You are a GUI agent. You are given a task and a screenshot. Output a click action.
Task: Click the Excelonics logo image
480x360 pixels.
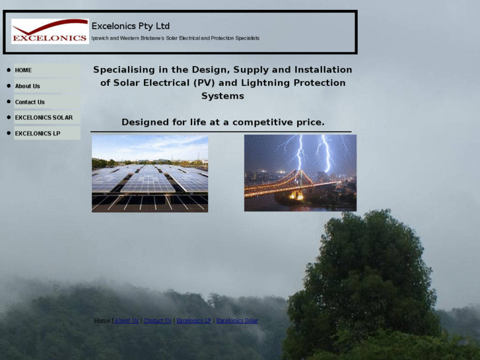coord(50,31)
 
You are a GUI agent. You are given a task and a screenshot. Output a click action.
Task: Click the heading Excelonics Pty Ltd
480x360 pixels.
coord(131,26)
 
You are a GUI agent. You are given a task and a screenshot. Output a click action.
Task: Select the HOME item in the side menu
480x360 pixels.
coord(47,70)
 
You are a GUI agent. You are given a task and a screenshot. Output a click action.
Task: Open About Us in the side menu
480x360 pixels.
coord(47,86)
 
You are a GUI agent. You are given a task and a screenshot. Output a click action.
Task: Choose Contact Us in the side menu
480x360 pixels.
coord(47,102)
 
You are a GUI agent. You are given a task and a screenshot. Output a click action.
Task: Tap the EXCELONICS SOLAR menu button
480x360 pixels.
coord(47,118)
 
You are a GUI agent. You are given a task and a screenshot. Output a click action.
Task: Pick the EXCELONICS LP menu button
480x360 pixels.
coord(47,133)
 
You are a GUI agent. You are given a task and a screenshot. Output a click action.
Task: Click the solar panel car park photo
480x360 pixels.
coord(150,174)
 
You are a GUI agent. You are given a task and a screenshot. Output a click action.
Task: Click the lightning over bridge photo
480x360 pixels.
coord(300,173)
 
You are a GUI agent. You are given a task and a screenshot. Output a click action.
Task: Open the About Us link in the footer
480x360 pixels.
coord(127,320)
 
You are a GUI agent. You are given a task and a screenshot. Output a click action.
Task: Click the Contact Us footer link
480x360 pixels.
coord(157,320)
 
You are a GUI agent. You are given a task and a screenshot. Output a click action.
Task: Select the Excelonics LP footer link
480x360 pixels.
coord(193,320)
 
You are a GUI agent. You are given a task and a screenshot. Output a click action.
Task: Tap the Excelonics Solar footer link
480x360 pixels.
coord(237,320)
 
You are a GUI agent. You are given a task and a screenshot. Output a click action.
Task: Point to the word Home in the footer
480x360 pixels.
coord(102,320)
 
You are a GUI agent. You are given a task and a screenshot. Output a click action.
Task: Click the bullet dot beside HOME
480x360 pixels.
coord(9,70)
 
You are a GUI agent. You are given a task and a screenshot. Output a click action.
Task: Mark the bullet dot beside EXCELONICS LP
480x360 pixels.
coord(9,133)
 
